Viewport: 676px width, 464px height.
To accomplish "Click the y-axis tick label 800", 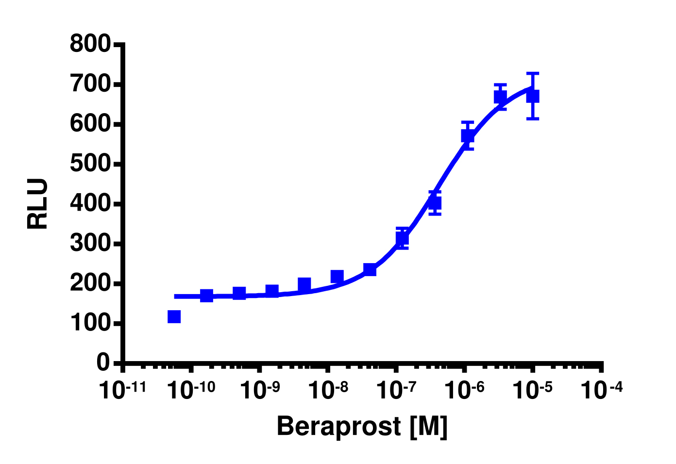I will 90,44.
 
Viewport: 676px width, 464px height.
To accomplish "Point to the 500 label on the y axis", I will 90,164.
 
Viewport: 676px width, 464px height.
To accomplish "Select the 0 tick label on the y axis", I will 103,363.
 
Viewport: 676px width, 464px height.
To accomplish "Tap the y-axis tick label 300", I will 90,244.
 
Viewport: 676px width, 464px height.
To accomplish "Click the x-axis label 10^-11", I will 122,390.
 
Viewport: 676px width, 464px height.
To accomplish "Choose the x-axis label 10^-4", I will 601,390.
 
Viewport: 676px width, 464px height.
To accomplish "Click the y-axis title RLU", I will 38,204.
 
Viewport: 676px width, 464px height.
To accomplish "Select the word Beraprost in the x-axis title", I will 338,427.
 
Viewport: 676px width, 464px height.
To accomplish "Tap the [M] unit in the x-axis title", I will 428,427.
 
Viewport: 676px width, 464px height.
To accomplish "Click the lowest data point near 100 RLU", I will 174,316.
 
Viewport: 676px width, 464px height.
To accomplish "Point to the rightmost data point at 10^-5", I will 533,96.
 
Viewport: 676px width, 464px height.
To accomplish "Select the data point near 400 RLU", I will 435,203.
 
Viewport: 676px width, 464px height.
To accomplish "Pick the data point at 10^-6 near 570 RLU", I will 468,135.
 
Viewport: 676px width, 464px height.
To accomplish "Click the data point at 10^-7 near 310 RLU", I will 402,238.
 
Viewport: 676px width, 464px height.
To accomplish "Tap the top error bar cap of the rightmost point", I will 533,73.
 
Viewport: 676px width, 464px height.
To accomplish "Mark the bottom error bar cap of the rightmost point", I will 533,118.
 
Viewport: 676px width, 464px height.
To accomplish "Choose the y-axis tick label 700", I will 90,84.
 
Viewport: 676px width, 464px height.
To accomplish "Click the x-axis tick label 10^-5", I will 532,390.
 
